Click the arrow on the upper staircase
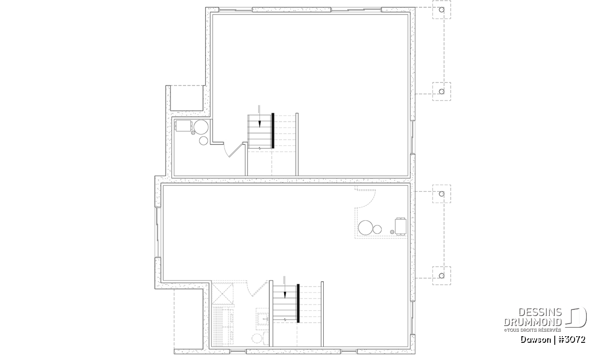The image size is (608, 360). click(259, 116)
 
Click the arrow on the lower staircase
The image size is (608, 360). click(285, 287)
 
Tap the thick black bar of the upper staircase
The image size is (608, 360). click(273, 131)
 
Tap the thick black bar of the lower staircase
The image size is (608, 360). click(298, 303)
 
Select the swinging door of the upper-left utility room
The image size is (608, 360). click(236, 150)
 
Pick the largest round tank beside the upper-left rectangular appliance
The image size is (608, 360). click(201, 127)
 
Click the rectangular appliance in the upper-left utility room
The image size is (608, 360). click(184, 126)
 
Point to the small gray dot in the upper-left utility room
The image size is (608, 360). click(193, 133)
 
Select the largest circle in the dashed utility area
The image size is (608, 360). click(366, 228)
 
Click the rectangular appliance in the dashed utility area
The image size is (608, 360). click(401, 226)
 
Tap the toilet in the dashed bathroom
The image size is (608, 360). click(260, 338)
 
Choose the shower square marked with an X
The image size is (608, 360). click(222, 293)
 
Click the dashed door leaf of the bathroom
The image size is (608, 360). click(259, 289)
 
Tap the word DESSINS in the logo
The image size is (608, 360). click(540, 312)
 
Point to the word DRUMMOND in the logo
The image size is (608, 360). click(533, 322)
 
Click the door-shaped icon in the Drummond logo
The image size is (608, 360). click(576, 317)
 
